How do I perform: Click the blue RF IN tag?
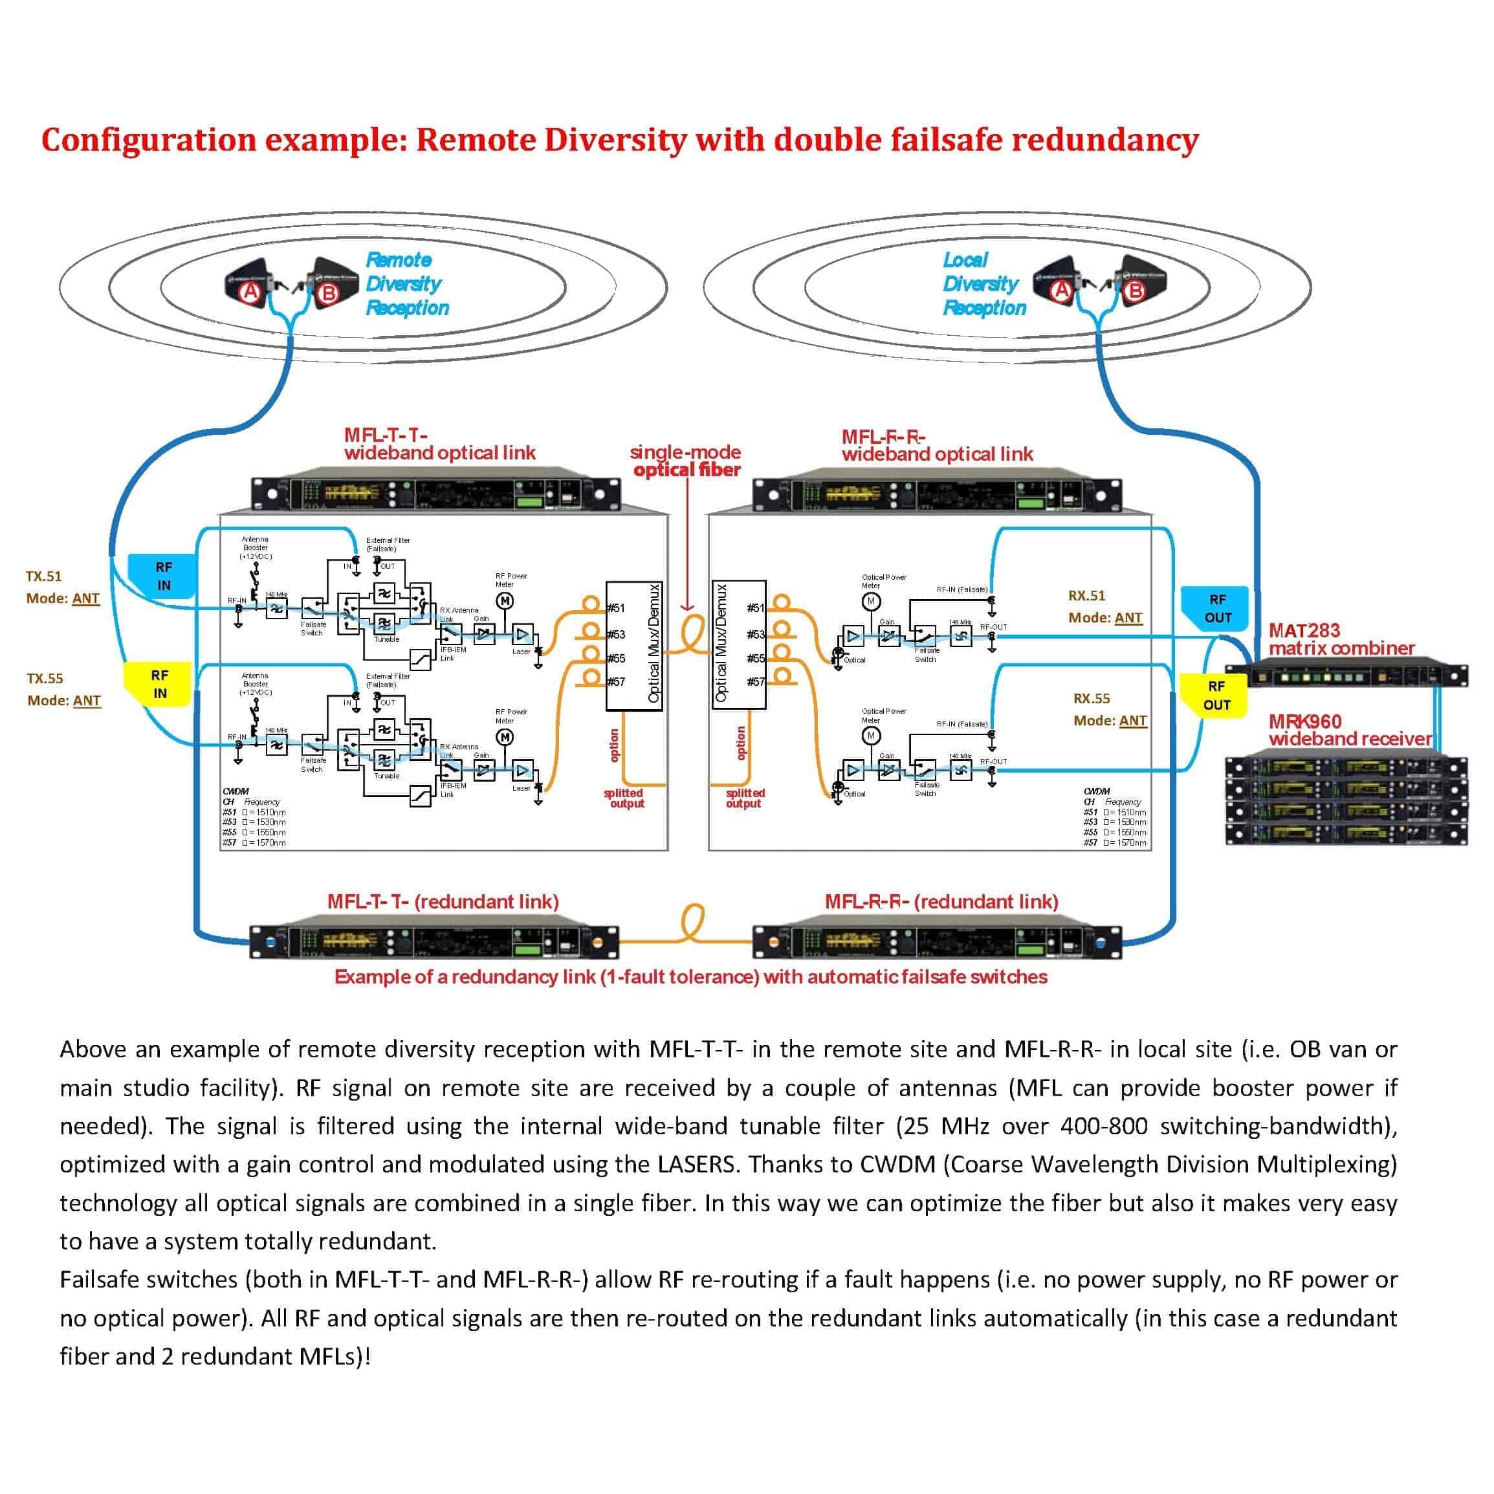pyautogui.click(x=162, y=576)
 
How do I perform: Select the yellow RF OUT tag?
pyautogui.click(x=1216, y=695)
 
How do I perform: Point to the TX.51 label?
pyautogui.click(x=43, y=576)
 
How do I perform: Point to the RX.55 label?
pyautogui.click(x=1090, y=698)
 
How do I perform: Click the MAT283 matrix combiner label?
pyautogui.click(x=1340, y=639)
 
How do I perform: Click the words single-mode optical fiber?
pyautogui.click(x=686, y=461)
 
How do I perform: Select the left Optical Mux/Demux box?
pyautogui.click(x=633, y=646)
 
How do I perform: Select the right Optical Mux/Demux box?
pyautogui.click(x=738, y=644)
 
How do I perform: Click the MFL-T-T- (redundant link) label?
pyautogui.click(x=443, y=902)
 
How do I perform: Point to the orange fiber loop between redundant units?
pyautogui.click(x=690, y=924)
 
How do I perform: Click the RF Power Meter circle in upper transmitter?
pyautogui.click(x=505, y=601)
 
